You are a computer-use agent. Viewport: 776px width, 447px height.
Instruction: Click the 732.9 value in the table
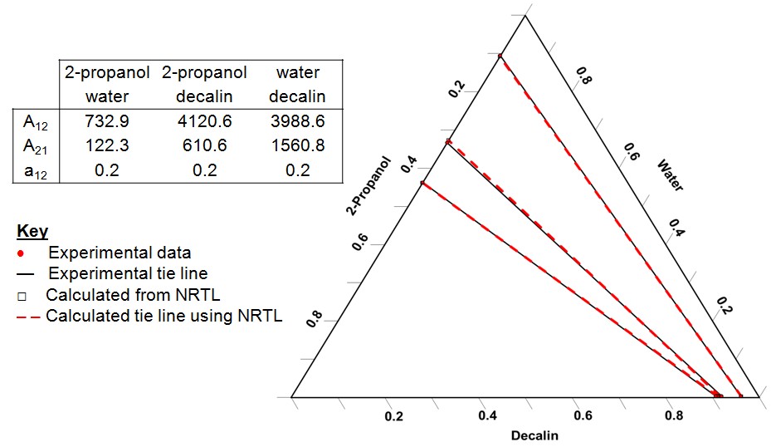pos(107,121)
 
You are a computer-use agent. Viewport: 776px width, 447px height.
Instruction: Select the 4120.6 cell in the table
pos(204,121)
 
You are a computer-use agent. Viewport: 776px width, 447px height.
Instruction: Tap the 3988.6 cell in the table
pos(297,121)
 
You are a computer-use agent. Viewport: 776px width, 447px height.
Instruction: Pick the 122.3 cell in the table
pos(107,145)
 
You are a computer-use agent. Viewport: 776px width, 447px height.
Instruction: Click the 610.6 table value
pos(204,145)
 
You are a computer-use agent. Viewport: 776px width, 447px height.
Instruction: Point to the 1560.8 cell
pos(297,145)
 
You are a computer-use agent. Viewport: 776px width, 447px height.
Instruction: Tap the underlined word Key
pos(32,231)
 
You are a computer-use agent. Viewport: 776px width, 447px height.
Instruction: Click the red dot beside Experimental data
pos(21,253)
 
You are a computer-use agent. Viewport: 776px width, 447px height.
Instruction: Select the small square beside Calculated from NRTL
pos(22,296)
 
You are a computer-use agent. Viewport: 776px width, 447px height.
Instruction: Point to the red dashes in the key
pos(27,317)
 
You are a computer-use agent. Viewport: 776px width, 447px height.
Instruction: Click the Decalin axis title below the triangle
pos(534,435)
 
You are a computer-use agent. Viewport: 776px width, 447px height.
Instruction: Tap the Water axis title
pos(670,175)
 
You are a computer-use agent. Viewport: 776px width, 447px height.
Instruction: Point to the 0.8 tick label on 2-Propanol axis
pos(315,318)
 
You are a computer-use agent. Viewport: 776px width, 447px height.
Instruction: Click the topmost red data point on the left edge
pos(500,56)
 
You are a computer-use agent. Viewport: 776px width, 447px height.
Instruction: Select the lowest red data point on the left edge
pos(422,183)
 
